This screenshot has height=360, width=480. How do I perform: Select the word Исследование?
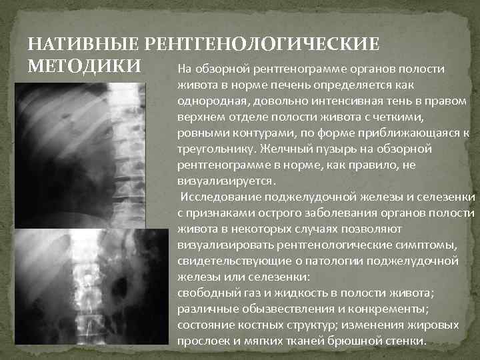tap(220, 197)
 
